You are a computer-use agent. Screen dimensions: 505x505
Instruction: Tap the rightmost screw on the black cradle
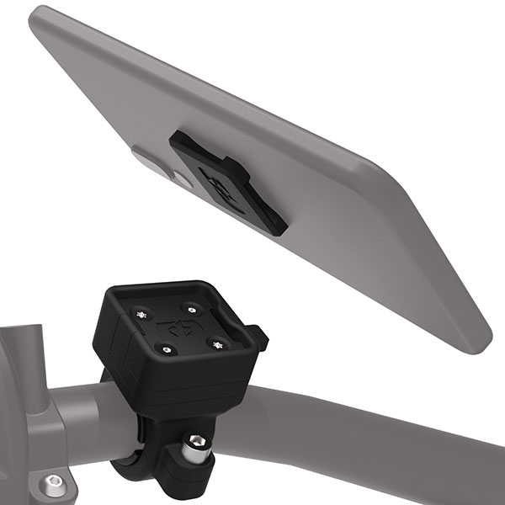click(x=221, y=343)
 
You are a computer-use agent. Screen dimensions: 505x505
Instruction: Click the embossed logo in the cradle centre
click(x=178, y=327)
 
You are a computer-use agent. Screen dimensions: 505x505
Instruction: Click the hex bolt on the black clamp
click(x=195, y=442)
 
